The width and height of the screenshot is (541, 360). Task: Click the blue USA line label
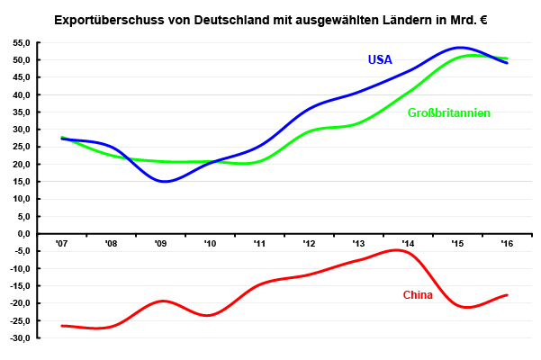[x=380, y=60]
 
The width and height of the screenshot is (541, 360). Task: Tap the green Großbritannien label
[x=448, y=113]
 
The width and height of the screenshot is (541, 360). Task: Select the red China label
[x=418, y=295]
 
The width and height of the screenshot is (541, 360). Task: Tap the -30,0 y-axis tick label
[x=20, y=338]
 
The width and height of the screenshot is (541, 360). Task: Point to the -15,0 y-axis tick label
[x=20, y=286]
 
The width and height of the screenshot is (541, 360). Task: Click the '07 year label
[x=61, y=243]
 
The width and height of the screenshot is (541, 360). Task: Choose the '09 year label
[x=160, y=243]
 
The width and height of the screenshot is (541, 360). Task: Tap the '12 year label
[x=309, y=243]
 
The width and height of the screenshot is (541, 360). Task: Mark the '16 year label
[x=507, y=243]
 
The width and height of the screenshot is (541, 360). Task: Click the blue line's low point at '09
[x=165, y=182]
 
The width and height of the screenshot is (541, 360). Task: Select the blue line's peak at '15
[x=460, y=48]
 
